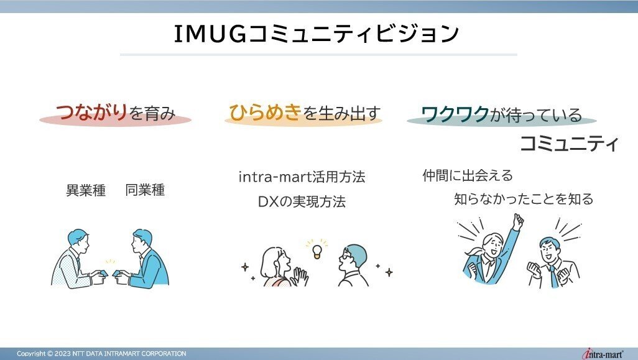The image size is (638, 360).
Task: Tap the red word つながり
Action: pyautogui.click(x=92, y=113)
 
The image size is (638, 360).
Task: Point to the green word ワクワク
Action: pyautogui.click(x=455, y=114)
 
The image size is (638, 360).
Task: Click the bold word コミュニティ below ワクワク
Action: pyautogui.click(x=569, y=144)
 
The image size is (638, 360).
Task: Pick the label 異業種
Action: pyautogui.click(x=86, y=190)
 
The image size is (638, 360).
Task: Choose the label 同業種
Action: pyautogui.click(x=145, y=190)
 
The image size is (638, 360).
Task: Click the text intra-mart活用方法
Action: pyautogui.click(x=302, y=177)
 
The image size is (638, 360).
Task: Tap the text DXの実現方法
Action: pyautogui.click(x=301, y=202)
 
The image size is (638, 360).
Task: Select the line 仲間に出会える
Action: pyautogui.click(x=467, y=175)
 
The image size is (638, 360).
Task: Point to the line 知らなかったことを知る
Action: pyautogui.click(x=524, y=200)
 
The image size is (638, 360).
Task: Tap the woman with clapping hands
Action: pyautogui.click(x=280, y=265)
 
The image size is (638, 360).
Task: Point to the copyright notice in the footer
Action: pyautogui.click(x=101, y=354)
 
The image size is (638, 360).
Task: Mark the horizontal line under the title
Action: pyautogui.click(x=318, y=55)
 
